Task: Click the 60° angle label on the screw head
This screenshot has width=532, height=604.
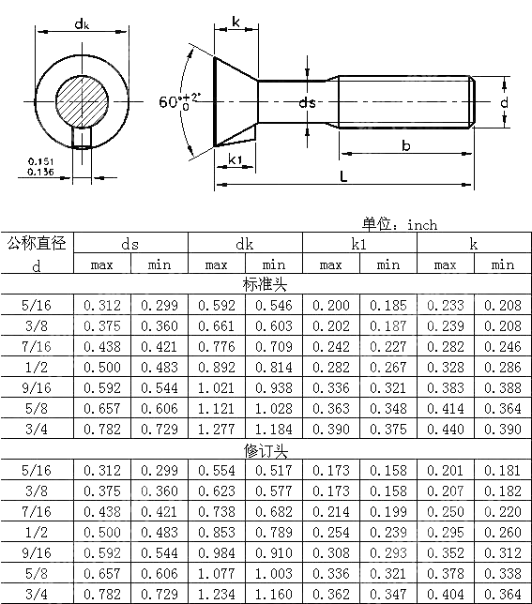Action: [x=178, y=101]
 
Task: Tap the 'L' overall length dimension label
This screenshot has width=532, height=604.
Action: [x=344, y=175]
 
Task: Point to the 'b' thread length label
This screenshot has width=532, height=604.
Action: [x=405, y=144]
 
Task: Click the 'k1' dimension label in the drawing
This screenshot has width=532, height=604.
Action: [x=236, y=160]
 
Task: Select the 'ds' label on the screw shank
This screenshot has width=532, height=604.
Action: [x=307, y=103]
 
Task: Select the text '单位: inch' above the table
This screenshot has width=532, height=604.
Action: [x=400, y=224]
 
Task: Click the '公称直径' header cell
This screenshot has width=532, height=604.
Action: [x=37, y=244]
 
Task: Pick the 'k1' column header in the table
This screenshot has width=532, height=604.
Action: [x=359, y=244]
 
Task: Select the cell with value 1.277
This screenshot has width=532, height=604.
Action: [x=216, y=429]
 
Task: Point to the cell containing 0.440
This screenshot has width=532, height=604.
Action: [x=445, y=429]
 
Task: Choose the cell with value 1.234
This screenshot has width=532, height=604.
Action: [x=216, y=595]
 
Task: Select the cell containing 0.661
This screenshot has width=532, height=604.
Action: [x=216, y=325]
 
